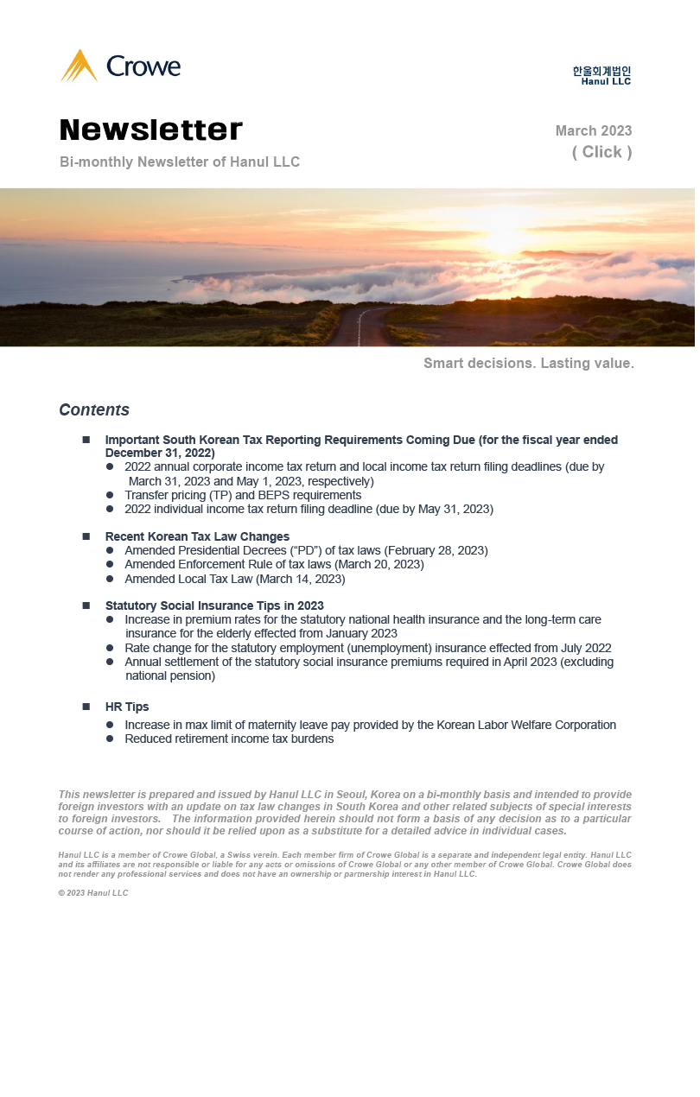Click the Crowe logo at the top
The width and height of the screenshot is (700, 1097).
[x=120, y=67]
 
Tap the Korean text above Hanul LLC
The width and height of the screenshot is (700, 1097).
[x=601, y=71]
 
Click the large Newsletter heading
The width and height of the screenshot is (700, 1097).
[x=151, y=130]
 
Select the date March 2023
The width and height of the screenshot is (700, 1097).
[x=593, y=131]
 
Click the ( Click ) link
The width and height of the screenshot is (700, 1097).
[x=601, y=152]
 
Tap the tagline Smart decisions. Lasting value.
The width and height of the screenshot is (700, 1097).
[x=528, y=364]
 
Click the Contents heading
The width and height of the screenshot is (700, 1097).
[x=94, y=410]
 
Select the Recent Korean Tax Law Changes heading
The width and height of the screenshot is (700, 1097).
[x=197, y=536]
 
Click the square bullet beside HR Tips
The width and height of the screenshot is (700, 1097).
[x=86, y=707]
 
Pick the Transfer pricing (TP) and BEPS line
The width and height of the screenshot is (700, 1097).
[x=243, y=496]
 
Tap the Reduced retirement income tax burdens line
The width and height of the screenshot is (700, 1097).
[x=229, y=739]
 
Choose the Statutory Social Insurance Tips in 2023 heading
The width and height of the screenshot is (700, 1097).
[x=214, y=606]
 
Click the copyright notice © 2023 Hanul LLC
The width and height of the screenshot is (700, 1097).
[x=93, y=893]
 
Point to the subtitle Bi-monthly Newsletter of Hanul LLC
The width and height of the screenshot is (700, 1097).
[x=180, y=162]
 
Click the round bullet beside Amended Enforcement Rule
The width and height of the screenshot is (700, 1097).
[x=110, y=565]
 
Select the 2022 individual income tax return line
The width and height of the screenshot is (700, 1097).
[x=309, y=510]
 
